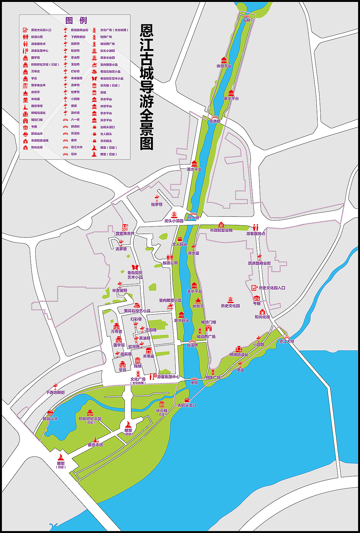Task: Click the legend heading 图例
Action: [76, 21]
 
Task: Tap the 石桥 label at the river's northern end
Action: [246, 20]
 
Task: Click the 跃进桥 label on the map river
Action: [215, 121]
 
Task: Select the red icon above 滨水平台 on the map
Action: [194, 164]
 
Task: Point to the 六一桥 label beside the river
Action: [193, 218]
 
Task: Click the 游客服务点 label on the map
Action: [256, 234]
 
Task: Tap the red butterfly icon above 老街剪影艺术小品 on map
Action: [135, 267]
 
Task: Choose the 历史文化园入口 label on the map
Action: [272, 288]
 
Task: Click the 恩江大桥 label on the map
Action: [287, 341]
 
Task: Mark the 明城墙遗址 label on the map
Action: [239, 355]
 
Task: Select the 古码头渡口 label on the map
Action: [187, 405]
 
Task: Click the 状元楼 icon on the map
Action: [162, 404]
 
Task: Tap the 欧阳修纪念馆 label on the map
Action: [90, 419]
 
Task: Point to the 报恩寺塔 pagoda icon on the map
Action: [96, 439]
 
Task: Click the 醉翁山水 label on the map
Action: [50, 419]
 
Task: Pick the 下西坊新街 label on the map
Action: [55, 393]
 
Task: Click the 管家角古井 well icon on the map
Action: [125, 228]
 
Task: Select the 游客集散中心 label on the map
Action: [168, 377]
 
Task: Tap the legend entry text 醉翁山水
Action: [37, 134]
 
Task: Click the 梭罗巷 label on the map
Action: [157, 205]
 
